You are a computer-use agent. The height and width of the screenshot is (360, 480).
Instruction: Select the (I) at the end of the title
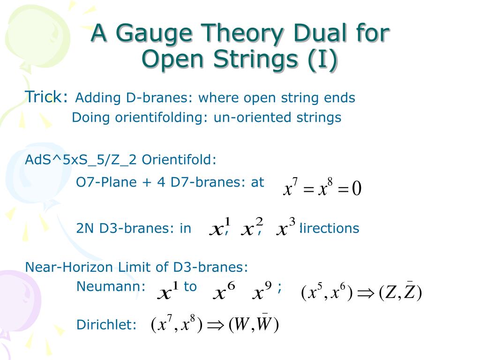coord(322,60)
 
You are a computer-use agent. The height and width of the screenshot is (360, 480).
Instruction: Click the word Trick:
coord(46,97)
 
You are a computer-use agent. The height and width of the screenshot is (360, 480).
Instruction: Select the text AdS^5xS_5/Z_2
coord(81,160)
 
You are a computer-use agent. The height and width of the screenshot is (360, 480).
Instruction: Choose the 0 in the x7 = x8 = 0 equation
coord(357,189)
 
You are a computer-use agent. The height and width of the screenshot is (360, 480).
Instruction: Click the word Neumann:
coord(111,286)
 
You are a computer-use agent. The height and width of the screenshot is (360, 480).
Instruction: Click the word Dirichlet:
coord(106,325)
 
